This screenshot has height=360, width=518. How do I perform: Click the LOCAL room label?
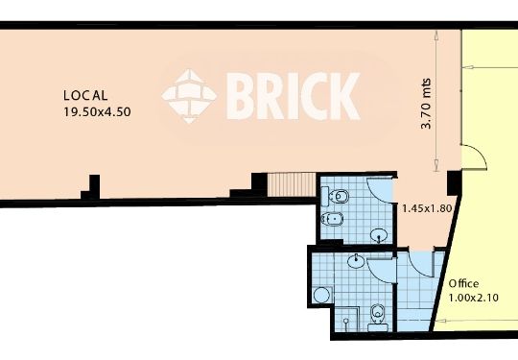(85, 96)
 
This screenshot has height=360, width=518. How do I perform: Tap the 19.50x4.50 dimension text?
(97, 111)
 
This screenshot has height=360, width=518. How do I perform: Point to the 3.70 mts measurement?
(427, 104)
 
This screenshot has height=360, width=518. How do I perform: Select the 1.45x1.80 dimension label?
(427, 208)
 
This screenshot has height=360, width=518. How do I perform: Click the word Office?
(463, 283)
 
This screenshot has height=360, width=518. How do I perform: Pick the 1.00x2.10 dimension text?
(474, 298)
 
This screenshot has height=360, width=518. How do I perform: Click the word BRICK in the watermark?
(294, 96)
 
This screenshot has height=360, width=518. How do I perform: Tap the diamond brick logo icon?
(189, 96)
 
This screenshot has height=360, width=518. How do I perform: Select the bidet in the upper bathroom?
(332, 219)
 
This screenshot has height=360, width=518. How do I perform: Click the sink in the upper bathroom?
(379, 235)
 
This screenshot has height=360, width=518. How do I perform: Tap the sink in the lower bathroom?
(356, 260)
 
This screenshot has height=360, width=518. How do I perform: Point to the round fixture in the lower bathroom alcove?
(321, 295)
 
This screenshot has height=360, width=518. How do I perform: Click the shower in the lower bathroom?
(346, 320)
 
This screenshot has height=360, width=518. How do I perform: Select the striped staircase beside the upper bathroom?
(292, 184)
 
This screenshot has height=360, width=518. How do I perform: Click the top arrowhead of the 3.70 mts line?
(436, 36)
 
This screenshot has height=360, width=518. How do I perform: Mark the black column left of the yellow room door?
(454, 182)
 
